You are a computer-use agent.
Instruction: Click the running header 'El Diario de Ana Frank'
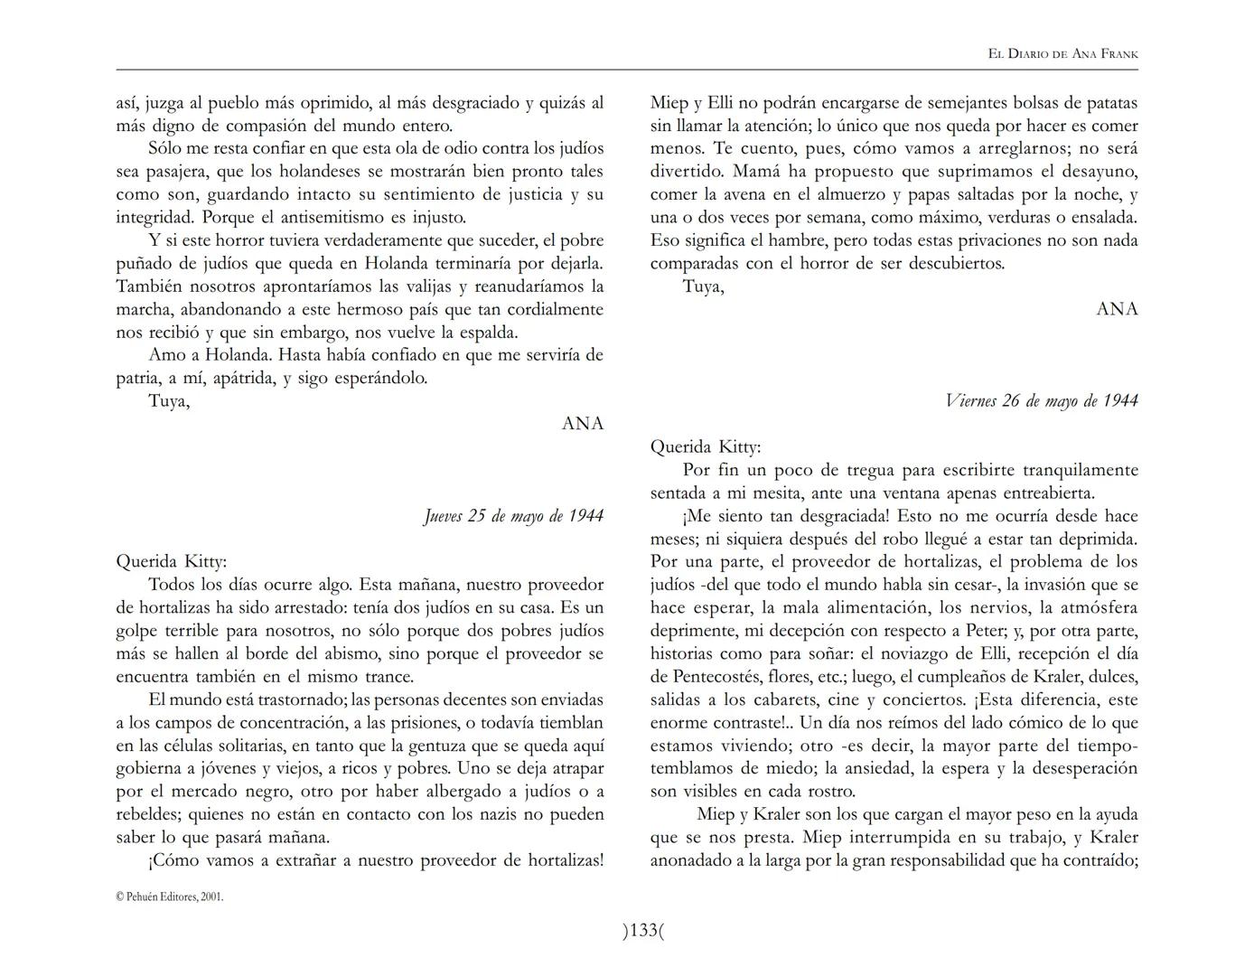[1062, 54]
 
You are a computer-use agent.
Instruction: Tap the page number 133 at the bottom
[642, 930]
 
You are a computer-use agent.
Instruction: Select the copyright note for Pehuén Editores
[170, 896]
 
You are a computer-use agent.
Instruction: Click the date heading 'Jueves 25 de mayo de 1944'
[513, 516]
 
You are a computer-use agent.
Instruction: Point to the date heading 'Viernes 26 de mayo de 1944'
[1041, 400]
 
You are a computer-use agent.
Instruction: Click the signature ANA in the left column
[582, 424]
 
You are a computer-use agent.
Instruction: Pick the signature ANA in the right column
[1117, 309]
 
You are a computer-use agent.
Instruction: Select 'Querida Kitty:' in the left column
[172, 561]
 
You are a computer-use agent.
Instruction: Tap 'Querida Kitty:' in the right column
[706, 446]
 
